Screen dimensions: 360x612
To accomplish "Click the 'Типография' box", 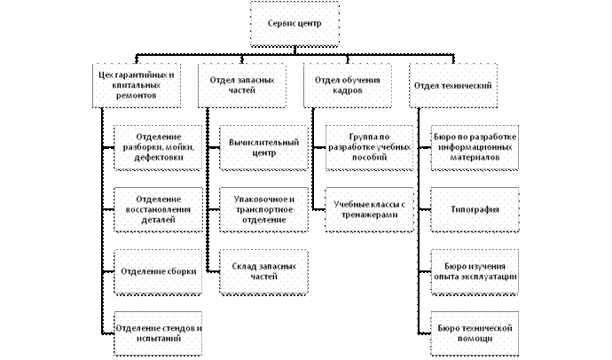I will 475,209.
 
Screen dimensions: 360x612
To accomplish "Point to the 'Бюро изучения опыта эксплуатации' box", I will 475,271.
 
